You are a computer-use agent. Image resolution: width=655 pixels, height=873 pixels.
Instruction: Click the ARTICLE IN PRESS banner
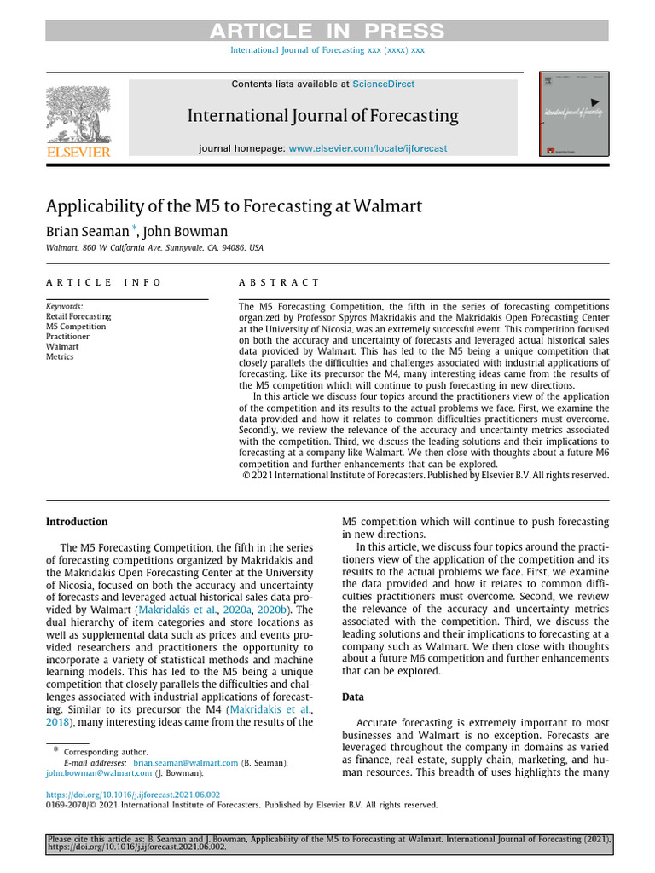[327, 32]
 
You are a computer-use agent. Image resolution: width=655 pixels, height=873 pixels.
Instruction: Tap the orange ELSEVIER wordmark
[78, 152]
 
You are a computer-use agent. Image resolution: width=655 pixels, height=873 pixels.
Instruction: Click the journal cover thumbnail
[568, 114]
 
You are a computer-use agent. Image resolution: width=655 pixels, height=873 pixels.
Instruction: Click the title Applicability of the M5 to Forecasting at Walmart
[234, 206]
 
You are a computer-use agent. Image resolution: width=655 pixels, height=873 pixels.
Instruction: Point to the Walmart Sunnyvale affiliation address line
[154, 248]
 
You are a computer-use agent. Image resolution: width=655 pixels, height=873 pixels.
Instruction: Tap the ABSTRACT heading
[279, 282]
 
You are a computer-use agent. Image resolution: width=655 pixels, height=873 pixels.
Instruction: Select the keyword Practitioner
[67, 337]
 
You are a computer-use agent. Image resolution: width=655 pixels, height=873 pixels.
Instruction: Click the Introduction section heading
[77, 522]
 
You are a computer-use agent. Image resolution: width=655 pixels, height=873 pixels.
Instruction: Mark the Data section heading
[353, 697]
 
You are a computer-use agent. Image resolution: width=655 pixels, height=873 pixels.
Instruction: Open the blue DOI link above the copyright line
[132, 794]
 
